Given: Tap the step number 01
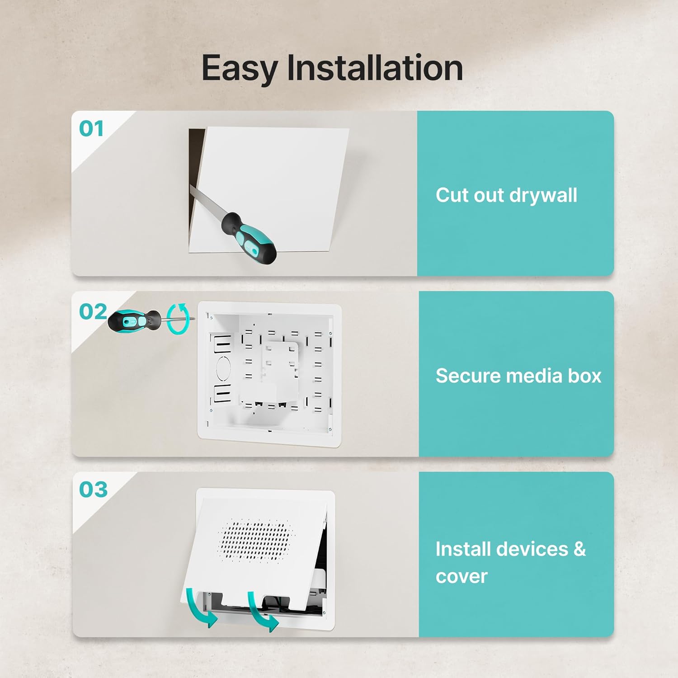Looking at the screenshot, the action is [x=91, y=129].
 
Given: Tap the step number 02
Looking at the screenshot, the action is [x=93, y=311].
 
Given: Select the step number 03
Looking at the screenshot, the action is [x=94, y=490].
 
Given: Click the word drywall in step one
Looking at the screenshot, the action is [x=543, y=196].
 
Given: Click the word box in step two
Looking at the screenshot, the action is [x=584, y=376].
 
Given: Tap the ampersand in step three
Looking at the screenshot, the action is [x=580, y=549].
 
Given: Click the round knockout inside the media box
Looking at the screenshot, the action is [x=224, y=368].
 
